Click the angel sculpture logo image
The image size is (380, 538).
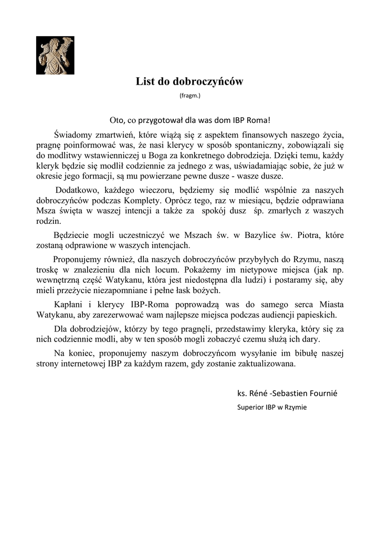tap(55, 55)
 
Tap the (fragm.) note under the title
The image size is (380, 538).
tap(189, 96)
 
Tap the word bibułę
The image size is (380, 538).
tap(299, 353)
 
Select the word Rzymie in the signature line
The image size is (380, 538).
tap(296, 407)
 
